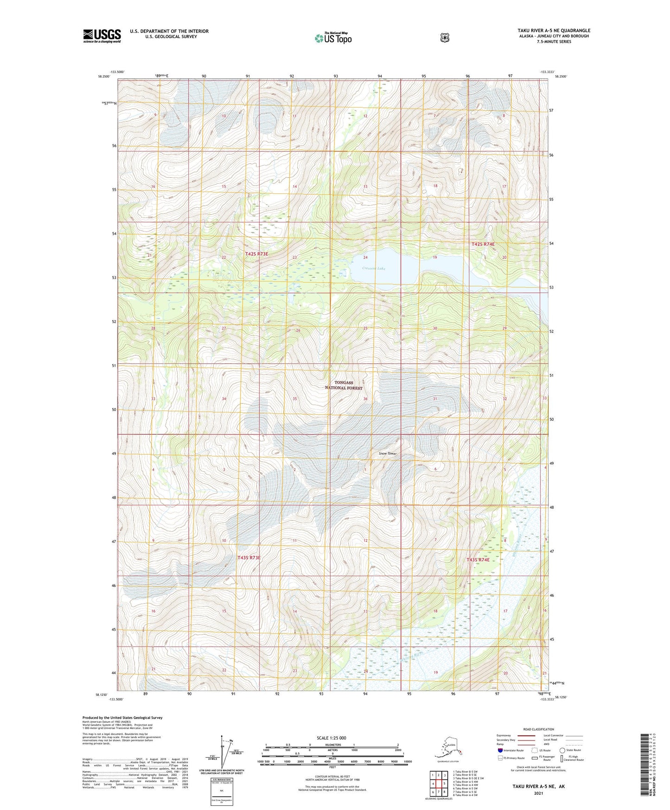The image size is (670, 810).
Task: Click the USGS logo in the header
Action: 102,36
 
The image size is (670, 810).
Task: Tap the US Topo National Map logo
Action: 332,38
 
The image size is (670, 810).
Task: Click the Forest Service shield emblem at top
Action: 445,38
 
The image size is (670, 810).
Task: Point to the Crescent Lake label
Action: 374,269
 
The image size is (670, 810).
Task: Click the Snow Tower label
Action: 388,453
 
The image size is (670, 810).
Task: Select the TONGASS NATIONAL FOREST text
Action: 344,385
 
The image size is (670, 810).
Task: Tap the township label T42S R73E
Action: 256,254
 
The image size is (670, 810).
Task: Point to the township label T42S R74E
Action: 483,244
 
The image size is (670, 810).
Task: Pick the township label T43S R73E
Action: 249,558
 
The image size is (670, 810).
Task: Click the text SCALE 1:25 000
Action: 332,738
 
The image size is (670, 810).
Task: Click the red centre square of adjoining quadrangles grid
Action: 438,784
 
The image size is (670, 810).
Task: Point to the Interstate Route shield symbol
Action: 500,750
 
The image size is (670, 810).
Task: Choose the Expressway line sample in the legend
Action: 526,735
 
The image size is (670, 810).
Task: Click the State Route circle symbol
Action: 562,750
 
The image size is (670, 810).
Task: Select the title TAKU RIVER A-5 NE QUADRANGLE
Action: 554,31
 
